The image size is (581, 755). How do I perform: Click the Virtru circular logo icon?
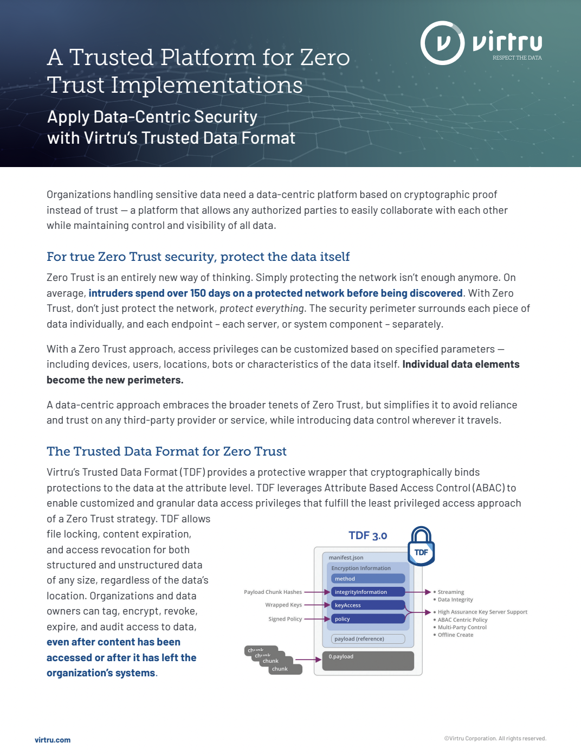tap(442, 43)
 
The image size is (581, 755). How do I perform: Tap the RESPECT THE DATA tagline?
tap(517, 57)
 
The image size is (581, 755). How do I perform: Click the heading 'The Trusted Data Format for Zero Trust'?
tap(166, 451)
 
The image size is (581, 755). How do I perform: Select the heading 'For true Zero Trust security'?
tap(198, 257)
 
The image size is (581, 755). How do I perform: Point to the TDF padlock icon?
tap(421, 546)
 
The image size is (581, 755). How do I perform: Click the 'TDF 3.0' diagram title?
tap(367, 535)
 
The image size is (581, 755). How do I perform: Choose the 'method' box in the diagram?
tap(368, 579)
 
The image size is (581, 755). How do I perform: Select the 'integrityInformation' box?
tap(368, 592)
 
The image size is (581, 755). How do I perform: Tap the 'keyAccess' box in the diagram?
tap(368, 605)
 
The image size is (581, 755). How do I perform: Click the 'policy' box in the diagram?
tap(368, 619)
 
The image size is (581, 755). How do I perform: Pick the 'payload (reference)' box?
tap(368, 639)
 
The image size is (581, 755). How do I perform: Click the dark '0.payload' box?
tap(368, 660)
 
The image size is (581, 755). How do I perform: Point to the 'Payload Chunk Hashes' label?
tap(273, 592)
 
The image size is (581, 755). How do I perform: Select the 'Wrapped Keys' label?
tap(283, 605)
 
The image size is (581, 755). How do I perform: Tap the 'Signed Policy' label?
tap(285, 619)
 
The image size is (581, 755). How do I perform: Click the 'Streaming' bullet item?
tap(451, 592)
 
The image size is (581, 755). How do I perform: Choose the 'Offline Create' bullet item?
tap(455, 635)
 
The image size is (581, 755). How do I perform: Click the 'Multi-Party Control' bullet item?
tap(462, 627)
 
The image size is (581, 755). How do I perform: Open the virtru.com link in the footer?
tap(53, 740)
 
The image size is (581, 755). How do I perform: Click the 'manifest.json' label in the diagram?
tap(346, 558)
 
